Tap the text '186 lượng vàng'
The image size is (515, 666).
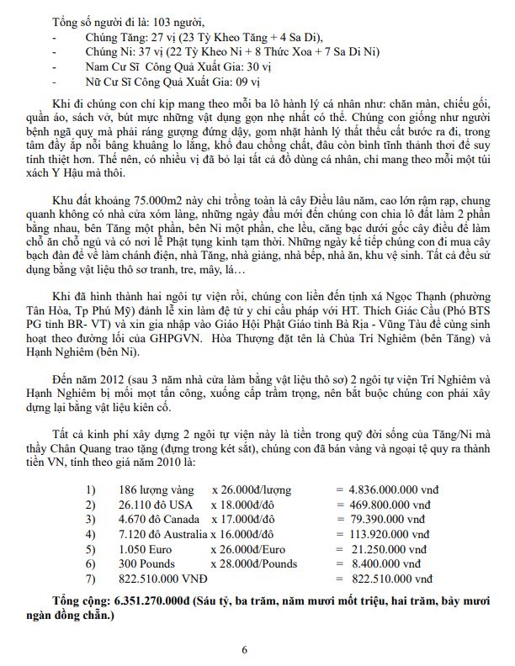click(151, 488)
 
